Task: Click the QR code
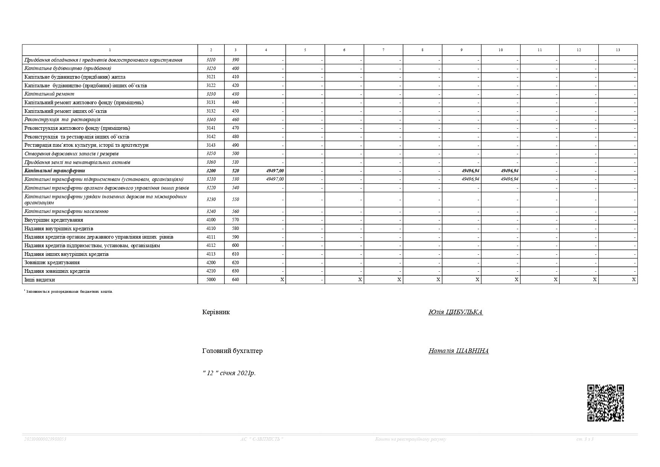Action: pyautogui.click(x=605, y=403)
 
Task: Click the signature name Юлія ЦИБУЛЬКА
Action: pyautogui.click(x=455, y=312)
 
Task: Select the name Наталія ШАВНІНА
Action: pyautogui.click(x=458, y=351)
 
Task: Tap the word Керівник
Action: pyautogui.click(x=216, y=312)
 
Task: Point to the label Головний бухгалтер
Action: pyautogui.click(x=232, y=351)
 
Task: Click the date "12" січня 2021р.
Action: pyautogui.click(x=229, y=373)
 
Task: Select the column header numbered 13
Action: pyautogui.click(x=618, y=50)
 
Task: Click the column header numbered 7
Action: pyautogui.click(x=383, y=50)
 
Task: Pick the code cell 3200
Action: pyautogui.click(x=211, y=171)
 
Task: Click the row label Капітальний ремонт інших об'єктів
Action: pyautogui.click(x=65, y=111)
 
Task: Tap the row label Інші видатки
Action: pyautogui.click(x=39, y=280)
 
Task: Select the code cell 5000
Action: pyautogui.click(x=211, y=280)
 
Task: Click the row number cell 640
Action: pyautogui.click(x=235, y=280)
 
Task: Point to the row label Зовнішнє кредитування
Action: pyautogui.click(x=52, y=263)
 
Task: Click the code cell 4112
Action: pyautogui.click(x=211, y=245)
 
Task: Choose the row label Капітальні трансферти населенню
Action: pyautogui.click(x=66, y=211)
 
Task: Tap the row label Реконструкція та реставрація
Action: pyautogui.click(x=62, y=120)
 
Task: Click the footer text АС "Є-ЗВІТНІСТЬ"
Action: pyautogui.click(x=262, y=439)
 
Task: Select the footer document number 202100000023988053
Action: pyautogui.click(x=45, y=439)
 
